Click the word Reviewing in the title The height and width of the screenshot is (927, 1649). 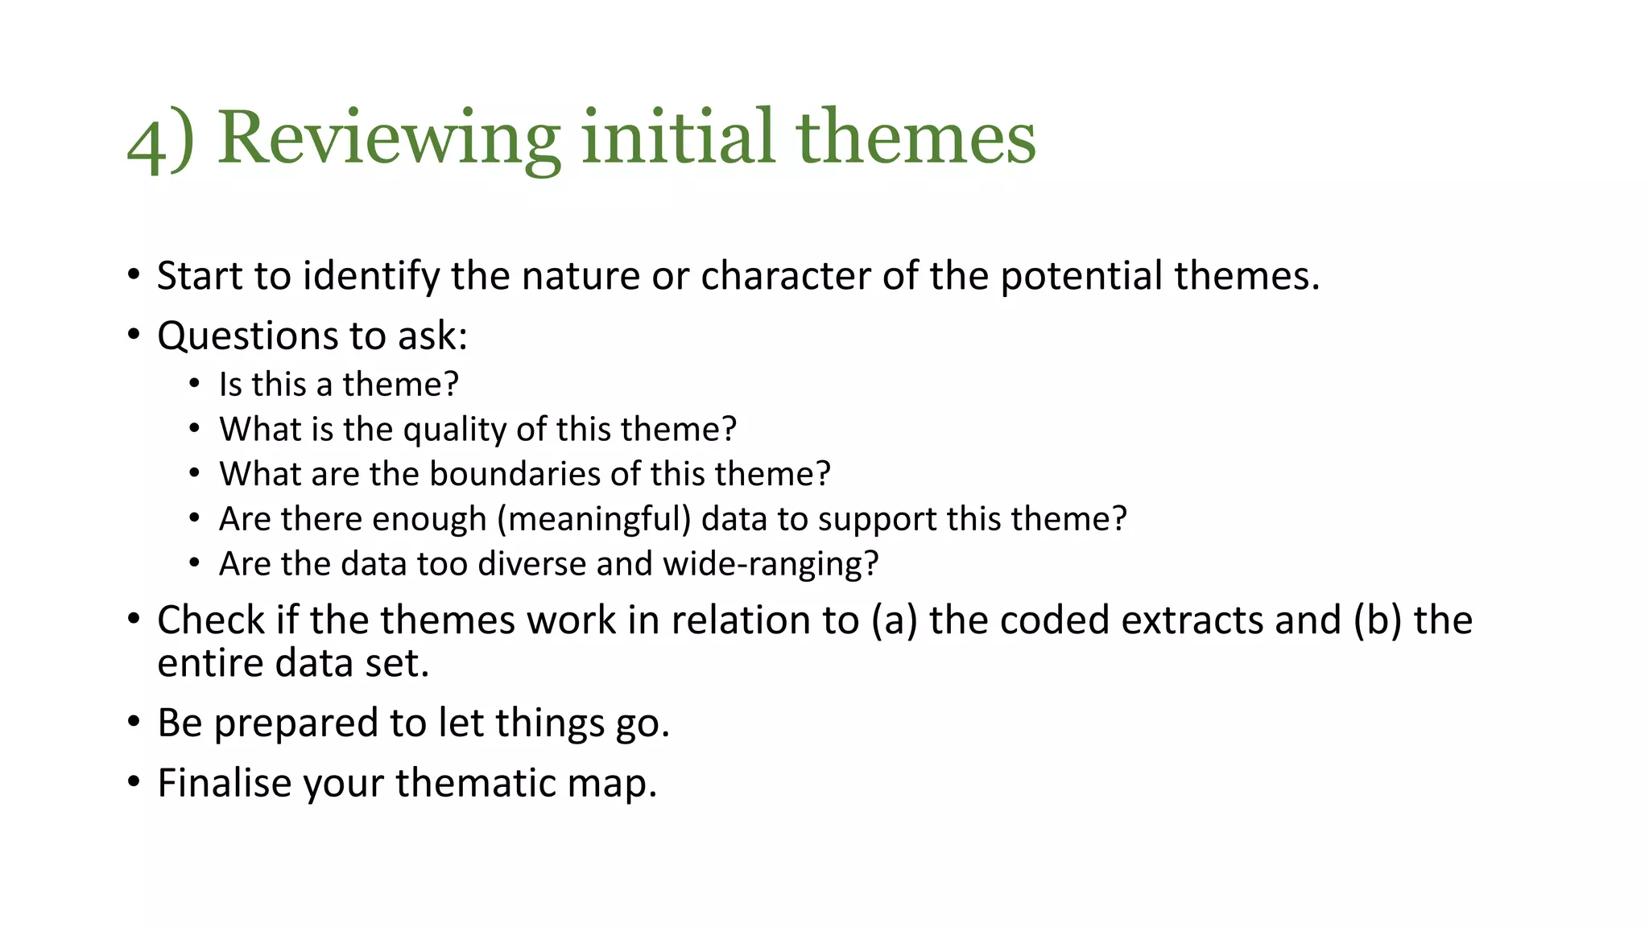(x=389, y=138)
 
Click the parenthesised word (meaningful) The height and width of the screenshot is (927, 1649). (x=594, y=520)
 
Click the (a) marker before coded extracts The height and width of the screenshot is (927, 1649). (x=894, y=621)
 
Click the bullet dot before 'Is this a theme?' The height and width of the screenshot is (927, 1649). (x=194, y=384)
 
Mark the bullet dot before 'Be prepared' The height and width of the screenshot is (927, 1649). (x=134, y=722)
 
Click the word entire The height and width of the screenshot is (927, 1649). (x=209, y=664)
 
